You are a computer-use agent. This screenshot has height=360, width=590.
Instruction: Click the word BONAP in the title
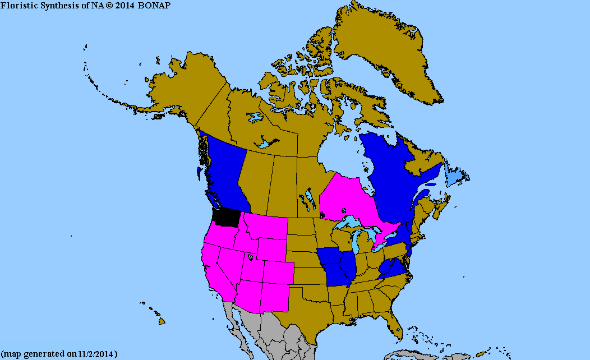154,5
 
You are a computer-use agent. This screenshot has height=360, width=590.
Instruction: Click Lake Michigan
358,242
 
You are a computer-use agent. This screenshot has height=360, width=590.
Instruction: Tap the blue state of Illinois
349,266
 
